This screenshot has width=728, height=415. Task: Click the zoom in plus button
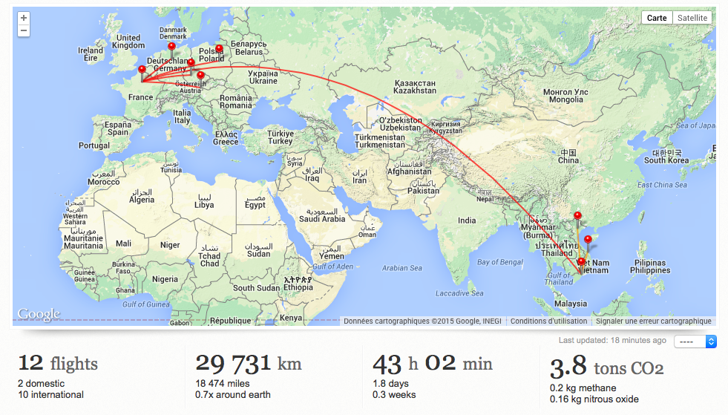click(x=24, y=18)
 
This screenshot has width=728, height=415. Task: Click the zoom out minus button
click(x=24, y=30)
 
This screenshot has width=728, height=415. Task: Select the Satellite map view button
click(x=693, y=18)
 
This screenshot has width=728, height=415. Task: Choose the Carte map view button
click(x=657, y=18)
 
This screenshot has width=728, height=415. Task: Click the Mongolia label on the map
click(x=565, y=96)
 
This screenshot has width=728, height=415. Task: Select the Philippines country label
click(x=649, y=267)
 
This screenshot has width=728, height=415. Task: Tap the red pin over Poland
click(x=219, y=50)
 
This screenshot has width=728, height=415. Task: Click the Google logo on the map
click(x=38, y=315)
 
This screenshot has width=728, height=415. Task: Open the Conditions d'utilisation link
click(x=548, y=321)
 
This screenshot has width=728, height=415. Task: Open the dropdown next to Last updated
click(x=695, y=342)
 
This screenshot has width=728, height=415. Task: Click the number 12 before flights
click(x=30, y=363)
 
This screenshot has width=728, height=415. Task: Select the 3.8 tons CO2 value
click(x=606, y=367)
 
